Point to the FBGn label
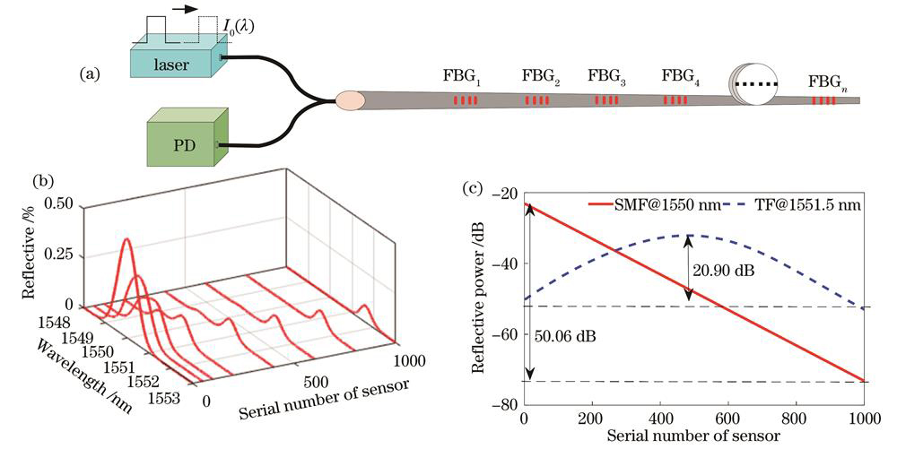pos(827,82)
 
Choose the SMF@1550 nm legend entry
pos(659,205)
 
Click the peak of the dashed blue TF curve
pos(688,235)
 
